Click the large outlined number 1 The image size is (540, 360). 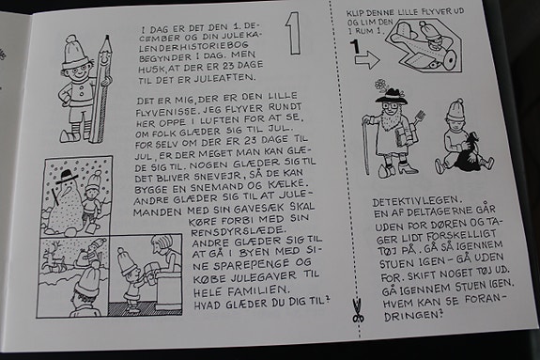[294, 34]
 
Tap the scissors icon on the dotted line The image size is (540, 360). [358, 311]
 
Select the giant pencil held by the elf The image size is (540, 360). [101, 88]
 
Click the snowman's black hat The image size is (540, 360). [68, 177]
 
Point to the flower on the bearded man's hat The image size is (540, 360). [380, 85]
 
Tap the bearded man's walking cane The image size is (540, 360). [366, 144]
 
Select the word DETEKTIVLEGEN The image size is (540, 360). [415, 200]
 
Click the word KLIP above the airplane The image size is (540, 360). [355, 14]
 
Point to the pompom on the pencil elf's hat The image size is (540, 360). [71, 39]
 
